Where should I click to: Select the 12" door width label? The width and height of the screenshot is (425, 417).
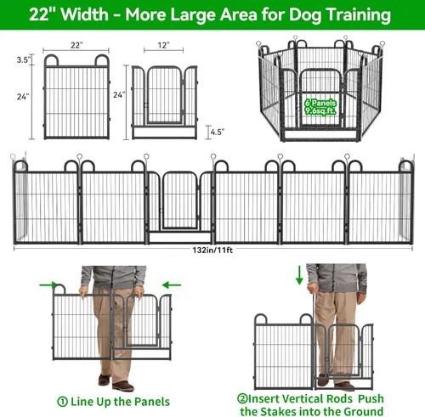tap(162, 43)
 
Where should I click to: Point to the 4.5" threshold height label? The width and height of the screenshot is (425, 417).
tap(218, 132)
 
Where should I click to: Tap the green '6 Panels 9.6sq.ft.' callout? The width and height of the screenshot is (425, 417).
tap(319, 105)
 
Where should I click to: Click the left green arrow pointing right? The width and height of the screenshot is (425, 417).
tap(58, 285)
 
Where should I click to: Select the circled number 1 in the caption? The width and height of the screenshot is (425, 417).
tap(63, 401)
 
